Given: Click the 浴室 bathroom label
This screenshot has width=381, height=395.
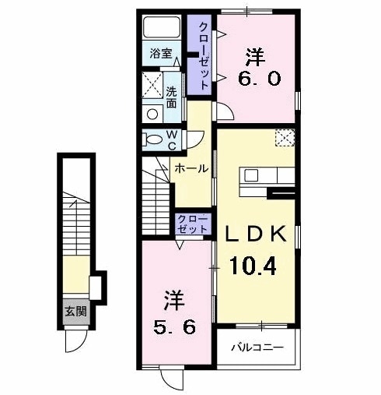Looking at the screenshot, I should [x=162, y=55].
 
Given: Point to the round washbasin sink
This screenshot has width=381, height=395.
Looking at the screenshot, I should [x=153, y=113].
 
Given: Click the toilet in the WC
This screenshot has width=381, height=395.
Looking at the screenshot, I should [x=152, y=140].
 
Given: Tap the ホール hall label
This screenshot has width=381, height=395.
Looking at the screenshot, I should [x=190, y=168].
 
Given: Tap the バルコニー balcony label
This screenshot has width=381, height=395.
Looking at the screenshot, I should [x=257, y=347].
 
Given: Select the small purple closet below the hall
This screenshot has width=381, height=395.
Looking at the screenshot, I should [x=192, y=224].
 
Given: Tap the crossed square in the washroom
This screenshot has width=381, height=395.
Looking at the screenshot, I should [x=152, y=84].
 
